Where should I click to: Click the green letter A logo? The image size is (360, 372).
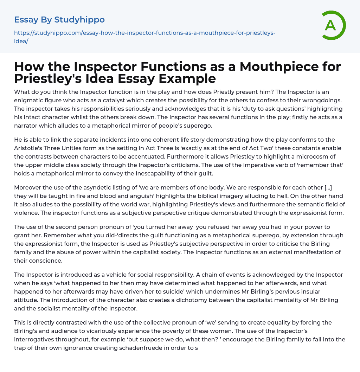pos(332,25)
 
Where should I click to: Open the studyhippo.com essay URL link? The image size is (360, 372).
pos(144,37)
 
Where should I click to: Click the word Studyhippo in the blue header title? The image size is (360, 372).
pos(79,20)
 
